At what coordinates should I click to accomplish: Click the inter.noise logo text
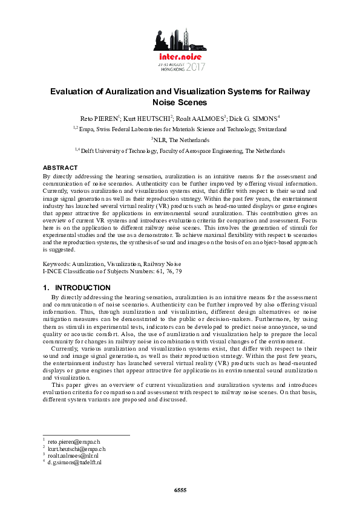(x=179, y=55)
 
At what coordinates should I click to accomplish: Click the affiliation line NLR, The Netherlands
(x=180, y=140)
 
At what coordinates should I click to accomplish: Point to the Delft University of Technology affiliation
(x=182, y=151)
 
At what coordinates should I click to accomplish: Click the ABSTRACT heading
(x=60, y=167)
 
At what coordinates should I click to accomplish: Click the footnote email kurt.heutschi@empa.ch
(x=76, y=449)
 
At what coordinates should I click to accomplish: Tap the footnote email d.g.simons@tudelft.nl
(x=74, y=462)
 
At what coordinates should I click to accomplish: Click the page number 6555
(x=180, y=489)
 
